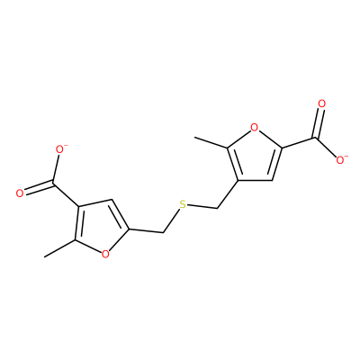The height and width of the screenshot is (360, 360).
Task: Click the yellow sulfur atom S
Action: [x=183, y=205]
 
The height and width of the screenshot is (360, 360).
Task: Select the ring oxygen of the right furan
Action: [x=254, y=128]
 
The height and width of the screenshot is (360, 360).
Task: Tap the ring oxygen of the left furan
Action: [x=105, y=255]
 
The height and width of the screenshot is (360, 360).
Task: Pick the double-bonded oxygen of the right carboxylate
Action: [x=322, y=104]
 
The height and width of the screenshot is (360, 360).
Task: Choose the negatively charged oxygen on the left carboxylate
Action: [x=61, y=149]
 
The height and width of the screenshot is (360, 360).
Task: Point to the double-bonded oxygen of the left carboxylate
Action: [x=20, y=193]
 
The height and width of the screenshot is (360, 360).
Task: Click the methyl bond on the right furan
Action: [x=211, y=142]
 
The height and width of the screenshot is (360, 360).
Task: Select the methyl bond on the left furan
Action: [x=59, y=248]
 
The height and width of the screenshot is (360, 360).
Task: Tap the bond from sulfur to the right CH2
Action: [x=202, y=207]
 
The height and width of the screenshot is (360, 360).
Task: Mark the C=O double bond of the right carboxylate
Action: [x=319, y=123]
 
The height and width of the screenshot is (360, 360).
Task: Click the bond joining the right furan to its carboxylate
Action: [x=298, y=143]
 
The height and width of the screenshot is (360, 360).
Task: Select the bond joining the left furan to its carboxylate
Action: [x=66, y=194]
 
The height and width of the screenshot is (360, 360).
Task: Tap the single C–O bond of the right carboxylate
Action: [x=326, y=147]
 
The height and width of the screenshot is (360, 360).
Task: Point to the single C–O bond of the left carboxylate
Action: [x=56, y=168]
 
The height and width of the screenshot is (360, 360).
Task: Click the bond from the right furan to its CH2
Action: [x=227, y=194]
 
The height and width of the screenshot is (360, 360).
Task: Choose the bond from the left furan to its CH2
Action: [x=146, y=231]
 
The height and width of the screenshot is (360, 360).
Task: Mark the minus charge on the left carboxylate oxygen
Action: [x=67, y=146]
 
